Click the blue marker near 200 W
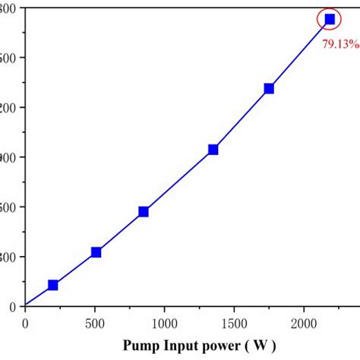52,285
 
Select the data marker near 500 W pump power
96,252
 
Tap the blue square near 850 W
144,212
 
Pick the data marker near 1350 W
213,150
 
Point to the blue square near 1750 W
269,88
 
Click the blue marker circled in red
330,19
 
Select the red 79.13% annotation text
340,44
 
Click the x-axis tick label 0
25,322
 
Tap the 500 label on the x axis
95,322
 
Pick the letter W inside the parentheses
261,346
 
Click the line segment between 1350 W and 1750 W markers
242,119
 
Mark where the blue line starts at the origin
26,305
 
